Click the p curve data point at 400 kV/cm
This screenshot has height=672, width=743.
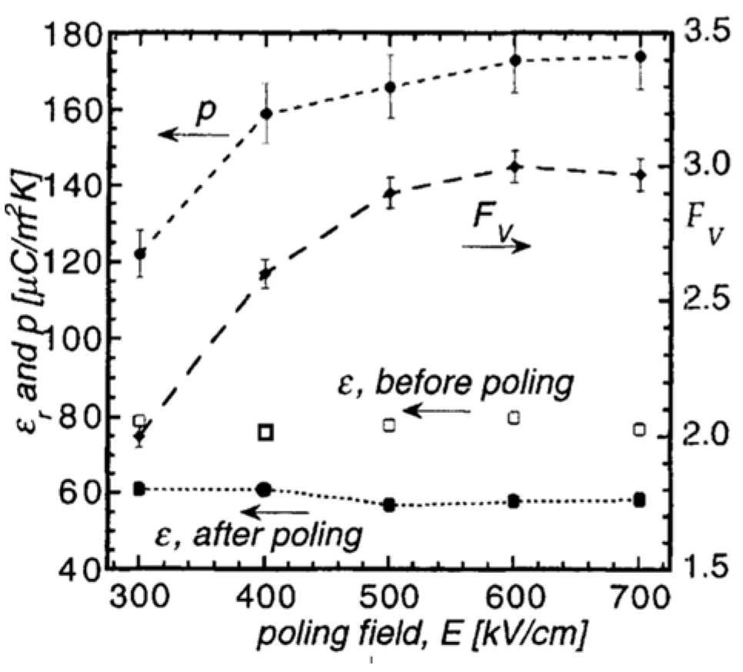(266, 114)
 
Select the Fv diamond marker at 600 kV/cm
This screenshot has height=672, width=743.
(515, 167)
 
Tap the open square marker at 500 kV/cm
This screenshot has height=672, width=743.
(389, 424)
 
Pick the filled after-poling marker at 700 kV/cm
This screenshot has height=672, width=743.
(639, 500)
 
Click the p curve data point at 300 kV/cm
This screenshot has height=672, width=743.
(140, 254)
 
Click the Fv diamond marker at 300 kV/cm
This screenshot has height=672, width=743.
(140, 437)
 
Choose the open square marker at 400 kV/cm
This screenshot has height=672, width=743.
(266, 432)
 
